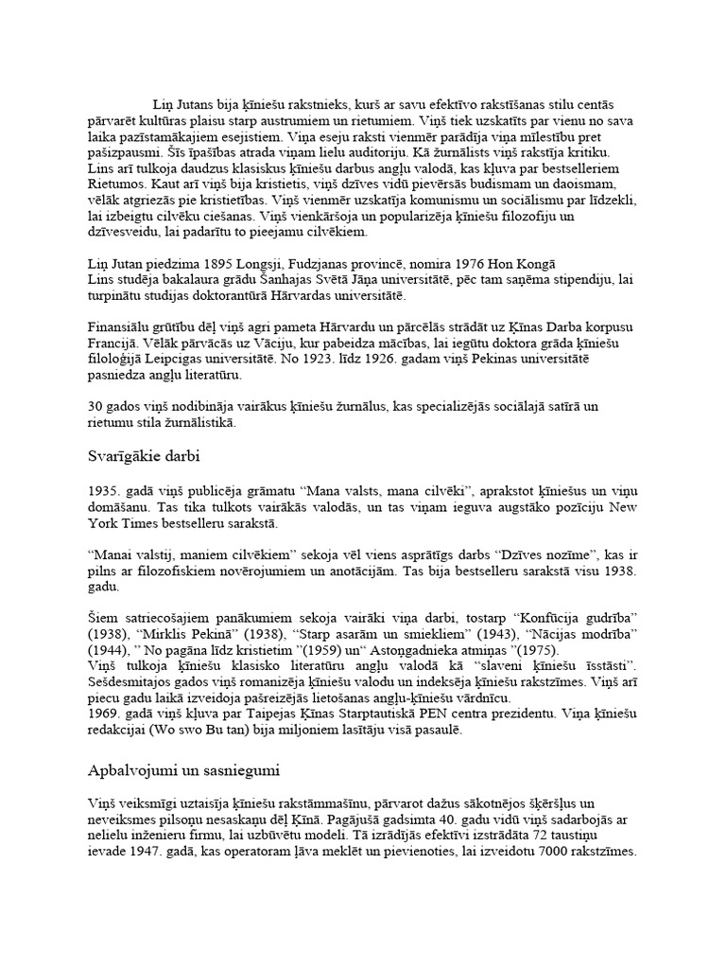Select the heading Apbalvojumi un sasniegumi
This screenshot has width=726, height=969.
click(180, 769)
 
